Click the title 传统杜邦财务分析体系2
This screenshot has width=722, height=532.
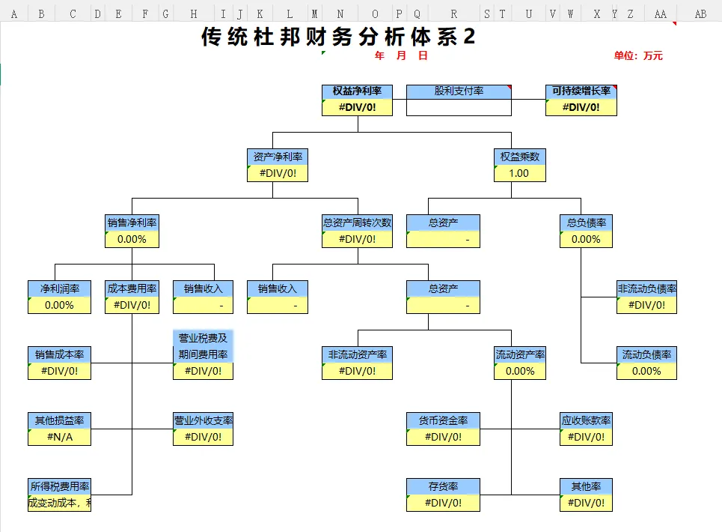(338, 37)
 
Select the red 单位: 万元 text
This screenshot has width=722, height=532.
(638, 55)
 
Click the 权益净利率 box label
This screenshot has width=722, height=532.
(357, 91)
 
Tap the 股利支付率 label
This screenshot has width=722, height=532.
(459, 91)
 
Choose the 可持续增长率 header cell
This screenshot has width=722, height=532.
(581, 91)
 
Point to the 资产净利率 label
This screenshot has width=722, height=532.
(278, 157)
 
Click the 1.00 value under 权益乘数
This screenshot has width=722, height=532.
(519, 173)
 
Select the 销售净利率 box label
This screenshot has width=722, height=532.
(132, 223)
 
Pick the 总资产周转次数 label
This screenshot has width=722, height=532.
(357, 223)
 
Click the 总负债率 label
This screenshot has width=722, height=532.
(586, 223)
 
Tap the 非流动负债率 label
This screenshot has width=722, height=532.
(647, 288)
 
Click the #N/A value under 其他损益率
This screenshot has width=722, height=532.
(60, 437)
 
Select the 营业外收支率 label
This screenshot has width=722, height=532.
(203, 420)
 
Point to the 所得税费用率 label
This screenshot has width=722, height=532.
(60, 486)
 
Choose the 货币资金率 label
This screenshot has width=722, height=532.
(443, 420)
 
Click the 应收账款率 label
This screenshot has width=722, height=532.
(586, 420)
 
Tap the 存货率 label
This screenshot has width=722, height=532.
(443, 486)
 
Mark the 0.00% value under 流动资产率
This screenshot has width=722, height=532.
(520, 371)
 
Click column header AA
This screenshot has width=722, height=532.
(660, 13)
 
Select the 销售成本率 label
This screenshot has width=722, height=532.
(60, 354)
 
